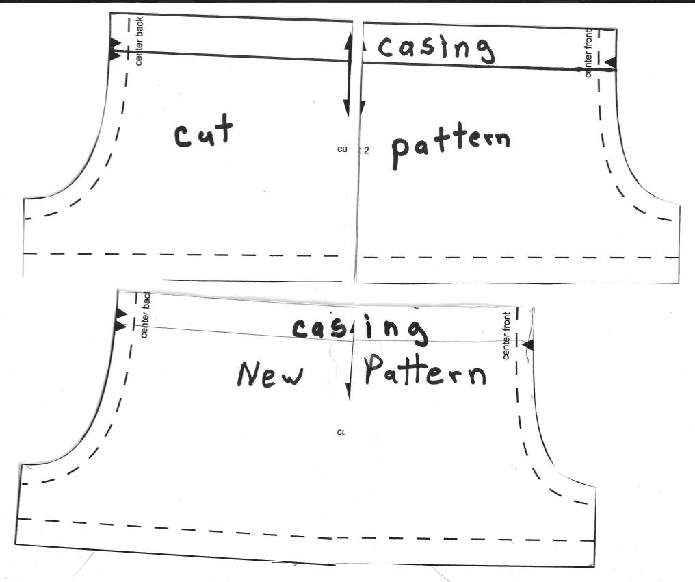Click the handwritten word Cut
(203, 132)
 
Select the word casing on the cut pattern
(435, 48)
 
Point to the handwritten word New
(269, 373)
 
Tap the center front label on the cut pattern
(589, 53)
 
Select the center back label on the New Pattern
(144, 315)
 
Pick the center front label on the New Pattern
(507, 336)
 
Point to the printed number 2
(366, 149)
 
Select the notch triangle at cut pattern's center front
(610, 63)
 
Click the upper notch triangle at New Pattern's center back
(121, 316)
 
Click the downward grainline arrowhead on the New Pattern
(349, 392)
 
